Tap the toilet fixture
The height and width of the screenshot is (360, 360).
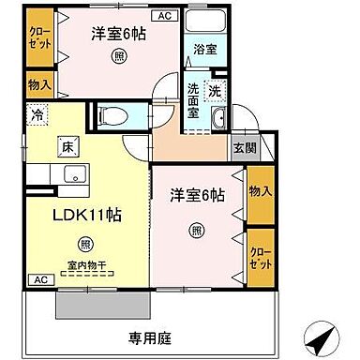click(x=112, y=115)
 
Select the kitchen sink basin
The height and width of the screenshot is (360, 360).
click(x=71, y=175)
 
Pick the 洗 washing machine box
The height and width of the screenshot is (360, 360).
click(x=215, y=91)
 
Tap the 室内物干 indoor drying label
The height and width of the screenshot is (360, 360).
click(x=86, y=267)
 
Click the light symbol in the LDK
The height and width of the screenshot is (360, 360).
click(x=86, y=245)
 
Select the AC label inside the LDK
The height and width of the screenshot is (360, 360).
click(x=40, y=279)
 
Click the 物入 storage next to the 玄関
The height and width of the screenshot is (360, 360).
click(x=260, y=192)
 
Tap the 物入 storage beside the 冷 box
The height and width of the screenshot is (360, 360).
click(x=39, y=85)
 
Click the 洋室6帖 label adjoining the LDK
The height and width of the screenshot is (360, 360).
click(x=198, y=196)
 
